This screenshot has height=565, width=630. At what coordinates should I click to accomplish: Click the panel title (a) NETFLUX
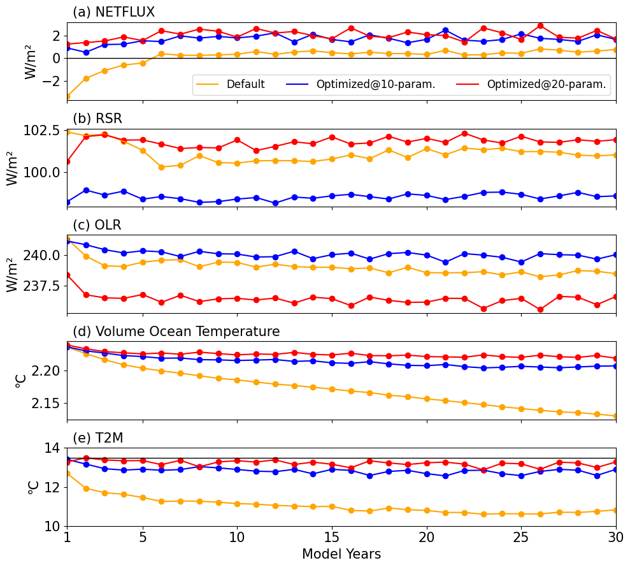pyautogui.click(x=113, y=12)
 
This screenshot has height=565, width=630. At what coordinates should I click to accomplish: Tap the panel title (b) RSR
pyautogui.click(x=97, y=119)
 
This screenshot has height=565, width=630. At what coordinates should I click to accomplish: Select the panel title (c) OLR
pyautogui.click(x=97, y=225)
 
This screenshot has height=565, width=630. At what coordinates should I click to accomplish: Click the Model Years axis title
pyautogui.click(x=341, y=554)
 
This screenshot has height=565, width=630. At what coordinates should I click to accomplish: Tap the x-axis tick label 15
pyautogui.click(x=332, y=538)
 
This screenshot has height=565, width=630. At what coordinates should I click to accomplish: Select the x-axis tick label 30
pyautogui.click(x=615, y=538)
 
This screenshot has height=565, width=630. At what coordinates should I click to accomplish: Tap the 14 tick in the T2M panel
pyautogui.click(x=51, y=448)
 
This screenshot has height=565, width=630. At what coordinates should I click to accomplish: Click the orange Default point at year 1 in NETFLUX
pyautogui.click(x=67, y=96)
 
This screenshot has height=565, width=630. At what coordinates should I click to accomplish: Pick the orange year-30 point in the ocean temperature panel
pyautogui.click(x=615, y=416)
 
